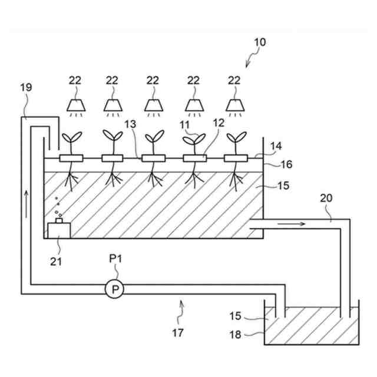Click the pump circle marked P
[115, 289]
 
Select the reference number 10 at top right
[259, 42]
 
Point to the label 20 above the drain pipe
[327, 199]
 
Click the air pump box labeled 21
[57, 229]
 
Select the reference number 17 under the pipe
[177, 333]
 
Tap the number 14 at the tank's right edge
[276, 145]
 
